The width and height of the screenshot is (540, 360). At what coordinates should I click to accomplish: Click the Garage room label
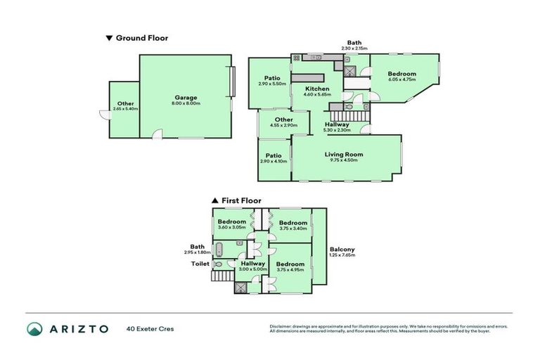(x=186, y=98)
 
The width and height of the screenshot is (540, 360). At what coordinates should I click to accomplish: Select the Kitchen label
(x=316, y=89)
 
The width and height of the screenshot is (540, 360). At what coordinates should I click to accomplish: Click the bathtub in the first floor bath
(x=219, y=248)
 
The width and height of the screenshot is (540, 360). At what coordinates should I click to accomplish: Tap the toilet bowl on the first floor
(x=219, y=264)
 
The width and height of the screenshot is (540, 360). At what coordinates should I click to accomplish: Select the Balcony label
(x=342, y=249)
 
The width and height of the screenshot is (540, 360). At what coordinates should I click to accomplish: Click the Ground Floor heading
(x=141, y=38)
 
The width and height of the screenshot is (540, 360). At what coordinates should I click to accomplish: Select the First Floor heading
(x=241, y=200)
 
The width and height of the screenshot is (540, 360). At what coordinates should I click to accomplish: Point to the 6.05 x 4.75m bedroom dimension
(x=402, y=80)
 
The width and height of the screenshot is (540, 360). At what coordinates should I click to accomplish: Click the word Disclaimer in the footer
(x=281, y=327)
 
